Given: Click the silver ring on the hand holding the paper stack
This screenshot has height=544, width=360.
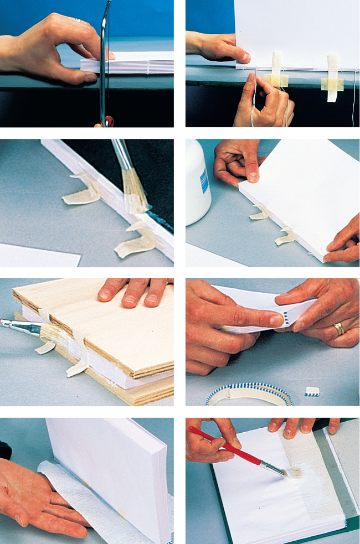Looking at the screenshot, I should click(79, 20).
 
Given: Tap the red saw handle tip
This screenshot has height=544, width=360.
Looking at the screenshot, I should click(109, 121).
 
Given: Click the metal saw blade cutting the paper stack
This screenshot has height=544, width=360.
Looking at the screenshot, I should click(103, 66).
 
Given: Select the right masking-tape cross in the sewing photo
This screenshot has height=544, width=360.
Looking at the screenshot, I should click(332, 80).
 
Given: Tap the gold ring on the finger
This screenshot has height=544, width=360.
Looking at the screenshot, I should click(338, 329).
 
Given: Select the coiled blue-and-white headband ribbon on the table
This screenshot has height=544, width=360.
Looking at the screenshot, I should click(249, 394).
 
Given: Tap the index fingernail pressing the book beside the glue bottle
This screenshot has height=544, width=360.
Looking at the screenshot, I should click(253, 177).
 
